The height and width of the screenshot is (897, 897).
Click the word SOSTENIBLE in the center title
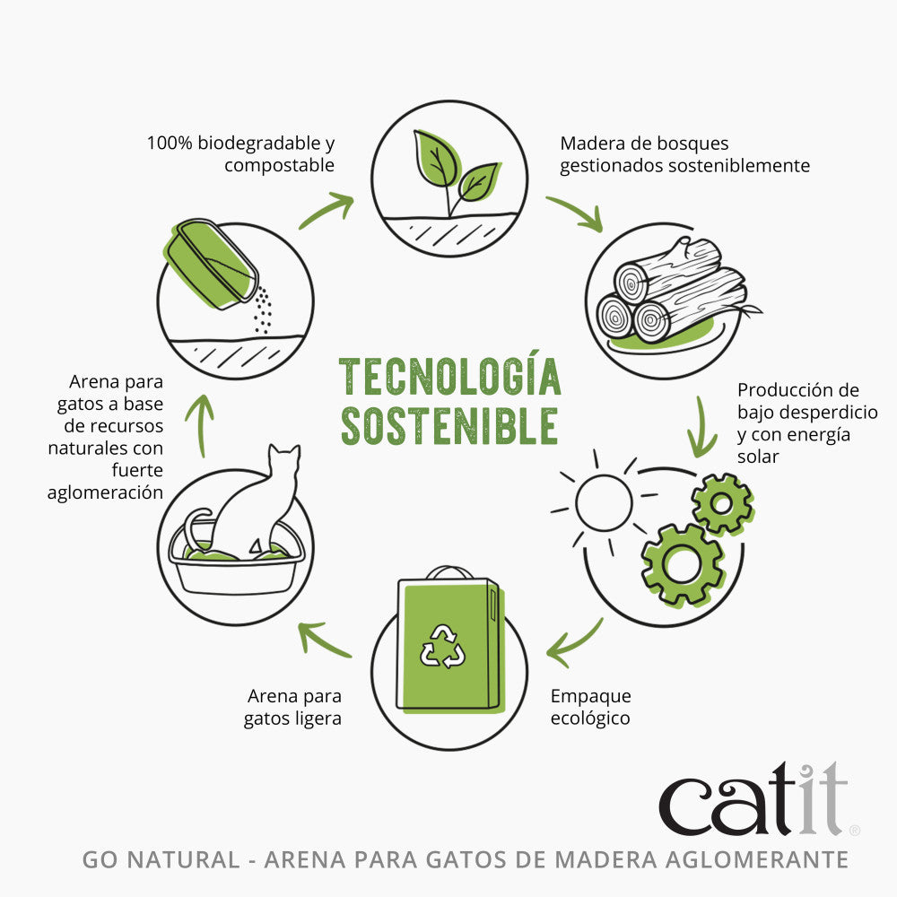coord(449,426)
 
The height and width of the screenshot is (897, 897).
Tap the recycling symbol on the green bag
coord(442,647)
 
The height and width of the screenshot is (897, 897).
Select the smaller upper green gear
coord(722,504)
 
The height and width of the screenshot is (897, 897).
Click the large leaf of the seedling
coord(437,157)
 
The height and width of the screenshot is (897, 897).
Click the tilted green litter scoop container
coord(212,264)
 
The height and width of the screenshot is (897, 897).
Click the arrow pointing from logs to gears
coord(701,427)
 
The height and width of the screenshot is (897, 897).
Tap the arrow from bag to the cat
coord(324,640)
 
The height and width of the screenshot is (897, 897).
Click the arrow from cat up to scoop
coord(200,425)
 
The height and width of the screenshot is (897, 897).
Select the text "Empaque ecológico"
coord(590,707)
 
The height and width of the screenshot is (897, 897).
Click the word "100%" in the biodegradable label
coord(170,143)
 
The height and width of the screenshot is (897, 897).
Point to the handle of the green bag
coord(450,572)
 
